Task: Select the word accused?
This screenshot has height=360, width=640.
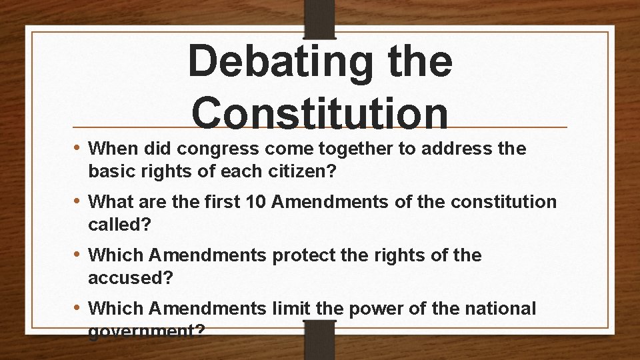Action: tap(130, 279)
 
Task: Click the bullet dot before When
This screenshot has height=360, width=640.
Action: tap(79, 148)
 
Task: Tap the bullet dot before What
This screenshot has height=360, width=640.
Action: tap(79, 201)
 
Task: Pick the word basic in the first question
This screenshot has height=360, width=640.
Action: tap(107, 172)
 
